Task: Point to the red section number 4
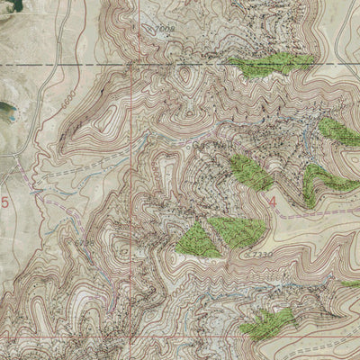tap(273, 202)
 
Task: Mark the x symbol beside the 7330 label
tap(245, 256)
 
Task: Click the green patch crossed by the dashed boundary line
tap(270, 64)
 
